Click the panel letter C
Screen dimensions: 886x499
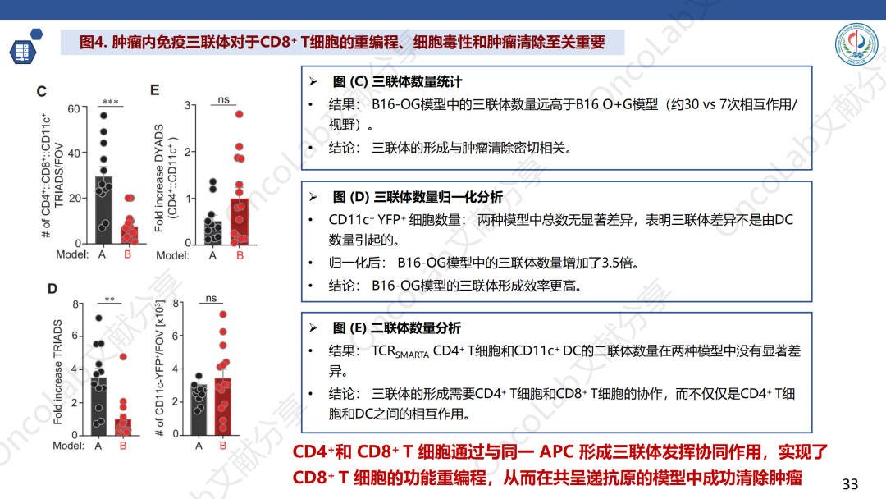pos(42,92)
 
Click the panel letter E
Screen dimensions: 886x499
pos(155,89)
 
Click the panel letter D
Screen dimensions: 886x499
pos(53,289)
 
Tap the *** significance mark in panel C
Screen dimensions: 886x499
pos(110,102)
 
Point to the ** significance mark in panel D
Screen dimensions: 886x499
pos(110,300)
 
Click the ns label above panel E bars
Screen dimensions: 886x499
pos(224,99)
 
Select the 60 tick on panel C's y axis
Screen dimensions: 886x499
pos(74,108)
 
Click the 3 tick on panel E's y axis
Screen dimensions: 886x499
pos(188,106)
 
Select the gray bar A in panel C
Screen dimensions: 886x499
pos(103,209)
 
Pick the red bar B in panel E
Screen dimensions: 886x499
pos(240,222)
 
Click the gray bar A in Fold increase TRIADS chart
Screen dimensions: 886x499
pos(99,405)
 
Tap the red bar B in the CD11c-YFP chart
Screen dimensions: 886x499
pos(223,406)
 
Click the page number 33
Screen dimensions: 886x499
pos(850,483)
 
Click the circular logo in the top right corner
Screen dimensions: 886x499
pos(856,44)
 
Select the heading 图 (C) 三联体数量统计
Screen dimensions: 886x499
pos(397,82)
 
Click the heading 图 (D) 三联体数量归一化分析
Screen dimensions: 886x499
pos(418,197)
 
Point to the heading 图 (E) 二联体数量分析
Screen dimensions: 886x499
pos(397,328)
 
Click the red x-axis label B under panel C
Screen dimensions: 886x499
pos(128,254)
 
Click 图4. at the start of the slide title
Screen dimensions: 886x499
pos(94,43)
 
